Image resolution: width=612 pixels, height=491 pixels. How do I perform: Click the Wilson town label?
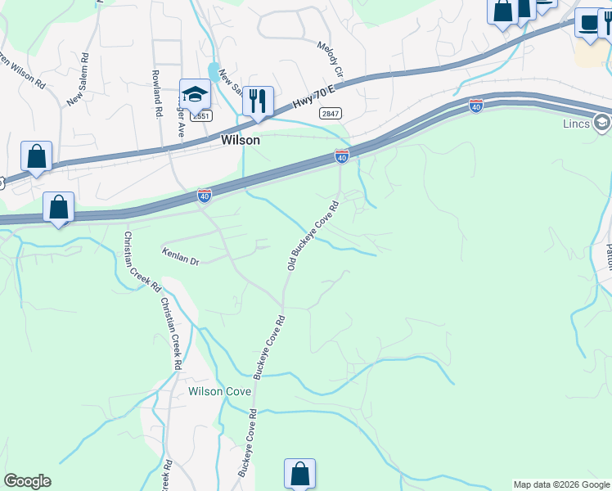coord(241,140)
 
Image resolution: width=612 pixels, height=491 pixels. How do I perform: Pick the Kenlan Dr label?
coord(181,255)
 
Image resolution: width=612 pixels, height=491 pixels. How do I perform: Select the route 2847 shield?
coord(331,114)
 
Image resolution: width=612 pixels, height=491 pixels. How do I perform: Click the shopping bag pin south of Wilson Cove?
coord(299,474)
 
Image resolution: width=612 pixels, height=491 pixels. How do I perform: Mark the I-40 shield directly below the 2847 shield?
coord(342,155)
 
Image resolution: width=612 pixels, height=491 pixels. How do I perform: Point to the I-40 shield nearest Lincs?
coord(476,106)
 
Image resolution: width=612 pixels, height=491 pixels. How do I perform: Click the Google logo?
coord(27,481)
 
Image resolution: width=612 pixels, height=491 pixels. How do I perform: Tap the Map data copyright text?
coord(561,484)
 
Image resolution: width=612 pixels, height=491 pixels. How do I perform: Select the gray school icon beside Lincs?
coord(601,124)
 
